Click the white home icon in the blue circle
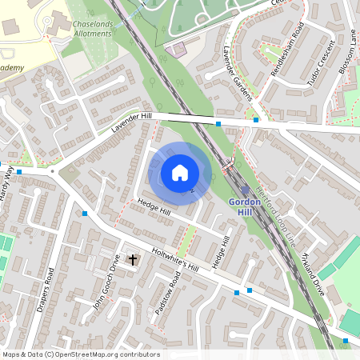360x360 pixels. tap(180, 173)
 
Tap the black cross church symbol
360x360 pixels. tap(133, 260)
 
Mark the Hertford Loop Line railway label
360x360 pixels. tap(275, 216)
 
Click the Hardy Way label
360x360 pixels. tap(6, 189)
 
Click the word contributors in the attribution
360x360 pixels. tap(137, 354)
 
